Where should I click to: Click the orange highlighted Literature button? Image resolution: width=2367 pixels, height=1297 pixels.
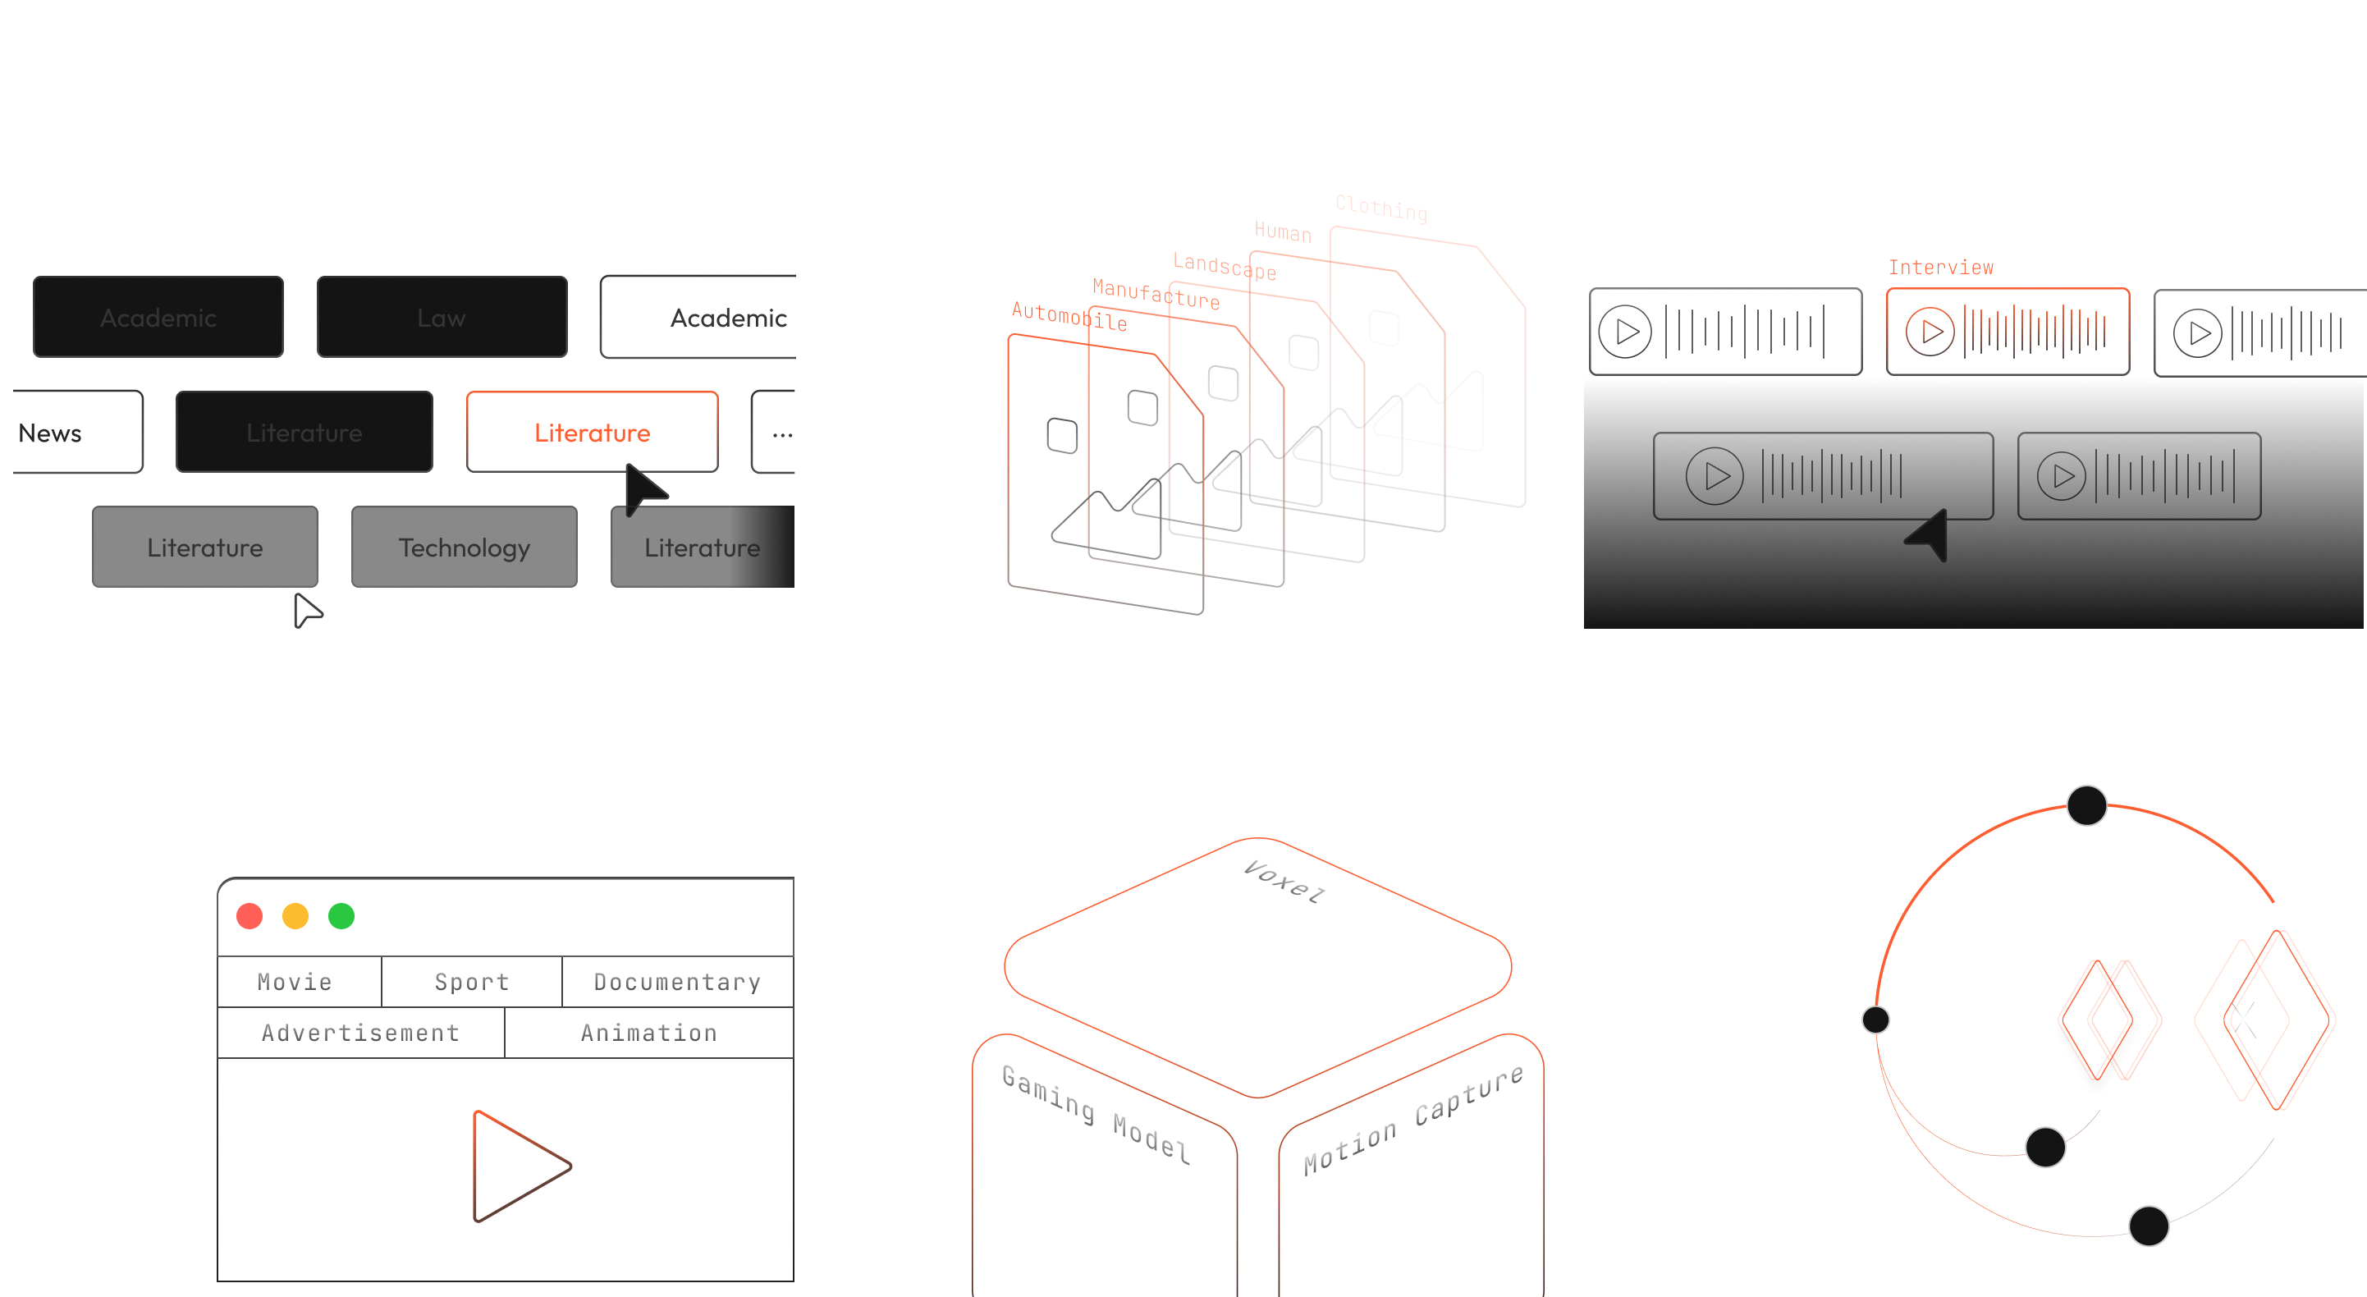[592, 432]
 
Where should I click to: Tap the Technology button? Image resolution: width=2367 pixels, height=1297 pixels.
[464, 548]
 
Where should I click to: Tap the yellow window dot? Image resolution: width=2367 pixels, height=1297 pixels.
[295, 915]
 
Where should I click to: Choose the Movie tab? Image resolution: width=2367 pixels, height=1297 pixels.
[295, 982]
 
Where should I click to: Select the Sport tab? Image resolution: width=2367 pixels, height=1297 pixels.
[471, 982]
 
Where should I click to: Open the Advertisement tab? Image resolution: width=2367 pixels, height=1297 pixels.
[360, 1033]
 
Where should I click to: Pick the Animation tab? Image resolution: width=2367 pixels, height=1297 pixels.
[648, 1033]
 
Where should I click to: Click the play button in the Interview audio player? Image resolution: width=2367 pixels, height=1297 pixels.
[1930, 331]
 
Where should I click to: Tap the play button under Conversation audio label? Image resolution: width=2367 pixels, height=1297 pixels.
[1624, 331]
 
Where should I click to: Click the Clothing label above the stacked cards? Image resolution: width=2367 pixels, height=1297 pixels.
[1381, 209]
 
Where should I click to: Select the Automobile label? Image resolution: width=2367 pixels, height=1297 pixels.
[1069, 316]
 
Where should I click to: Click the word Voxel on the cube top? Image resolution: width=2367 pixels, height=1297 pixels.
[1284, 882]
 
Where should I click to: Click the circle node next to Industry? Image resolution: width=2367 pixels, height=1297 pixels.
[1875, 1020]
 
